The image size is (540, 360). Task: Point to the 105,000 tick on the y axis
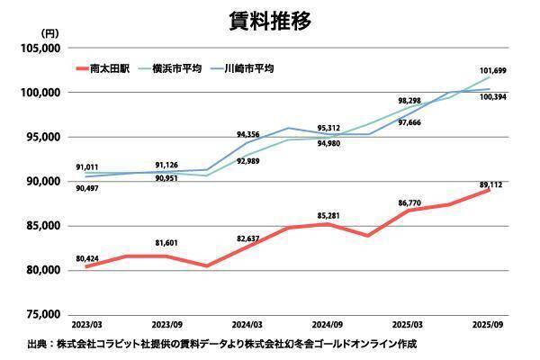pyautogui.click(x=40, y=48)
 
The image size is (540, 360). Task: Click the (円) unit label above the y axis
pyautogui.click(x=50, y=34)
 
